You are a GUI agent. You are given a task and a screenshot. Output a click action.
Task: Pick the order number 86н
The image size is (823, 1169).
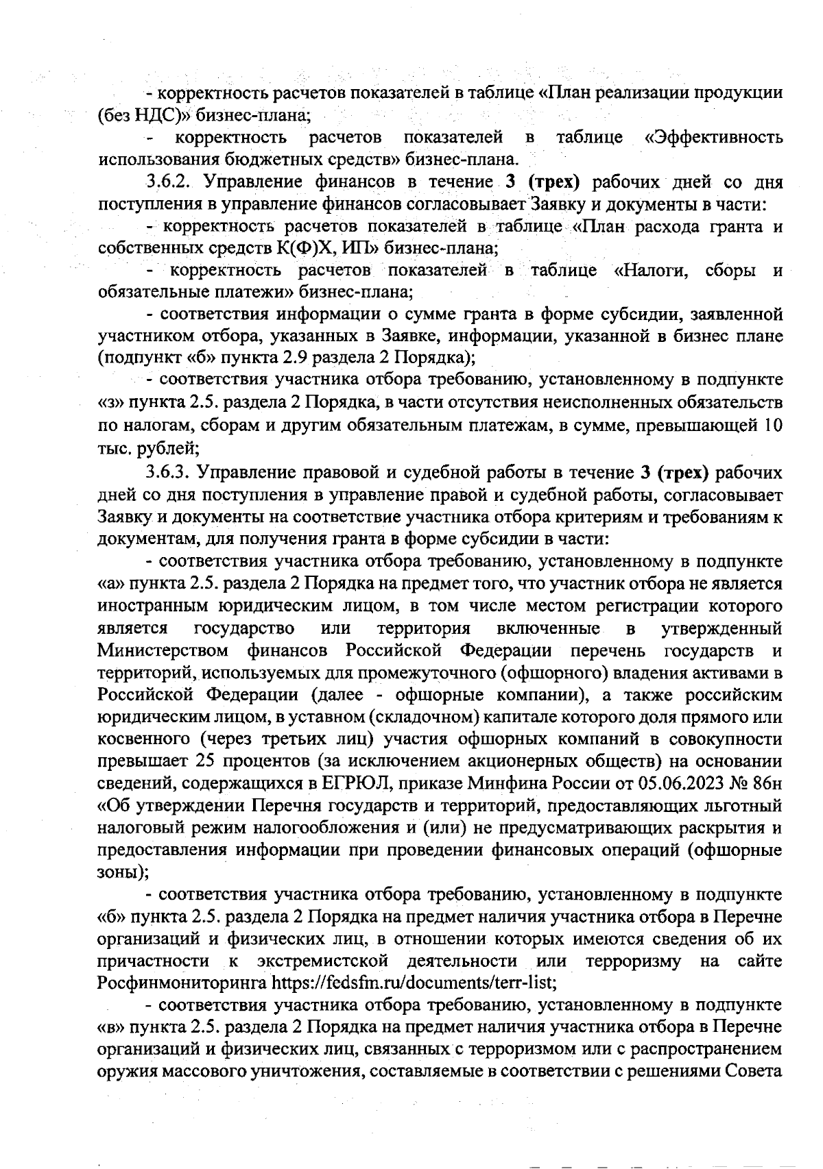click(768, 784)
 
